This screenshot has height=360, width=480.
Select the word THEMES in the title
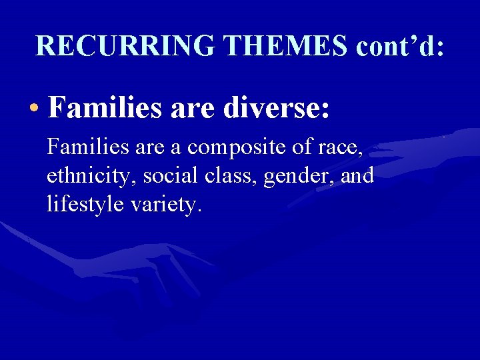coord(286,45)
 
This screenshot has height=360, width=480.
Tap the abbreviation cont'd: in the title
coord(400,45)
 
